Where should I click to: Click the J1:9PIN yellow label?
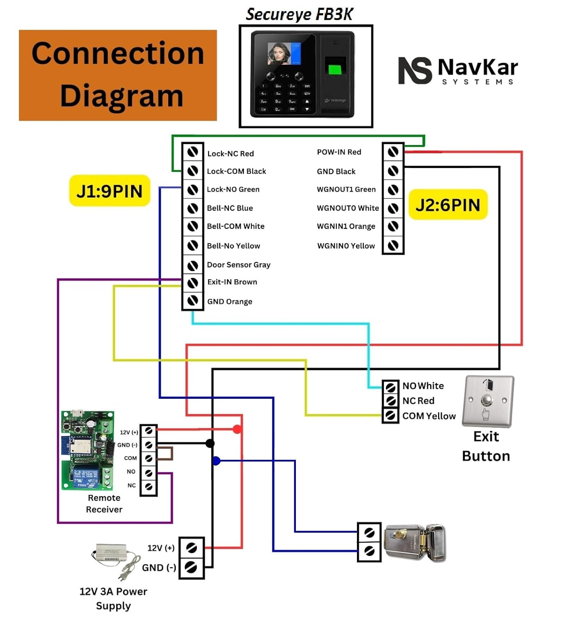coord(110,191)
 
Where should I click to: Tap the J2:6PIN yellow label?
coord(448,205)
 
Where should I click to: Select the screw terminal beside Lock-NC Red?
coord(192,152)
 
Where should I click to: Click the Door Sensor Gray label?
coord(239,265)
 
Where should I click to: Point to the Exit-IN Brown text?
coord(232,282)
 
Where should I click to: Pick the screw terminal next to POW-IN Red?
coord(393,152)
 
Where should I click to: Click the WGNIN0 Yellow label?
coord(346,246)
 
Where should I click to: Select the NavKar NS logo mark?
coord(415,70)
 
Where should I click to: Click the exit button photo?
coord(488,401)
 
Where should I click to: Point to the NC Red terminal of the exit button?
coord(390,400)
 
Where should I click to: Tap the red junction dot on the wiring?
coord(237,429)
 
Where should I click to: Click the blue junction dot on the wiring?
coord(216,461)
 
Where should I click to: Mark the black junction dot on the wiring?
coord(210,443)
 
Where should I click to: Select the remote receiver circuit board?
coord(87,450)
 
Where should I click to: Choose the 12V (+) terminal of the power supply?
coord(191,548)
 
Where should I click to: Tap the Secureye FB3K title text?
coord(299,14)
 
